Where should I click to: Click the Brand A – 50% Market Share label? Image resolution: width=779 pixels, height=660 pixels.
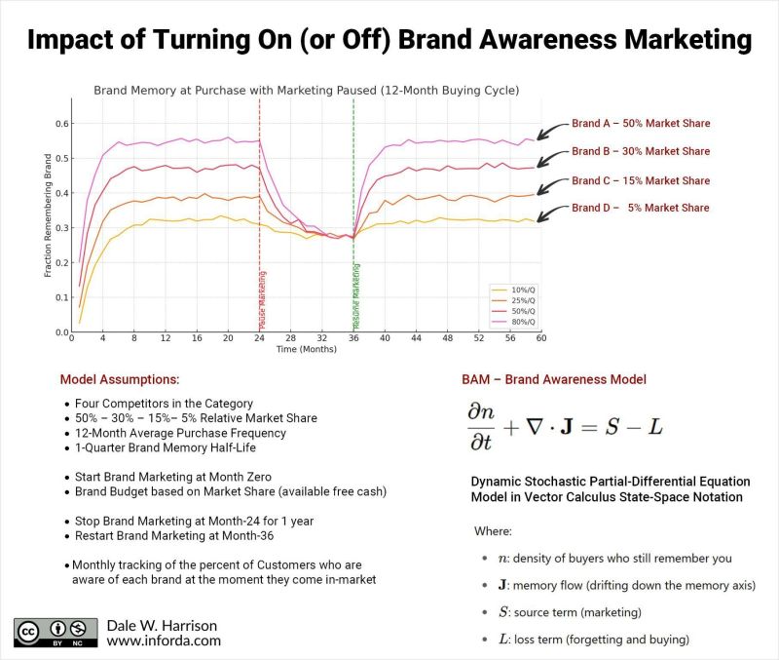point(641,124)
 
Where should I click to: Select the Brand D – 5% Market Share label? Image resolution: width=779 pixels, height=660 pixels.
point(641,208)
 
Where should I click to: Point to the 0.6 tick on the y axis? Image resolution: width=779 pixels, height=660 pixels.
point(61,124)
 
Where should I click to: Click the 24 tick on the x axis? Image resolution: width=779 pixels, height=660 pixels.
point(260,339)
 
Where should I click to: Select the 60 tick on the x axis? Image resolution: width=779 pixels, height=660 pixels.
point(541,339)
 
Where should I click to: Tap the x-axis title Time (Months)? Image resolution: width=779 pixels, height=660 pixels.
point(306,349)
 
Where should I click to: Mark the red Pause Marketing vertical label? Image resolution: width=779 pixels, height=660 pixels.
point(263,301)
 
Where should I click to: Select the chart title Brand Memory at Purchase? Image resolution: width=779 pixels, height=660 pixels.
point(306,90)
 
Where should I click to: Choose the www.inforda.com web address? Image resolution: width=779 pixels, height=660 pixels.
point(164,641)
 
